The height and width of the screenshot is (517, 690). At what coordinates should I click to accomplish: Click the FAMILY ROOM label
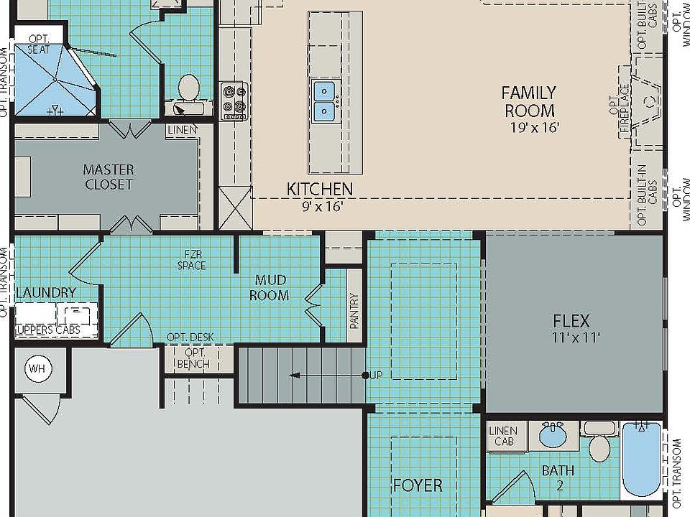click(x=530, y=101)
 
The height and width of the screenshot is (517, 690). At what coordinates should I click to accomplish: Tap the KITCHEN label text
click(x=320, y=189)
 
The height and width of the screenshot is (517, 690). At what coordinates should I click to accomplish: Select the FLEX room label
click(x=571, y=321)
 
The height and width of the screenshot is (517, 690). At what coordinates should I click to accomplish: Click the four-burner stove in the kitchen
click(x=234, y=101)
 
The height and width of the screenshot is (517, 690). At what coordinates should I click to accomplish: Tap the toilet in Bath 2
click(x=599, y=442)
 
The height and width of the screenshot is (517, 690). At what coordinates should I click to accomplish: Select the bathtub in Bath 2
click(x=642, y=459)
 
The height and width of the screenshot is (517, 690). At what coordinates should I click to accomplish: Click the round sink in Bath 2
click(x=553, y=435)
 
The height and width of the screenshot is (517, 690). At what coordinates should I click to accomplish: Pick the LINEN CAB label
click(x=503, y=436)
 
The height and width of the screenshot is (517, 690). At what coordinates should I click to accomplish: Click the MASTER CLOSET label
click(x=109, y=177)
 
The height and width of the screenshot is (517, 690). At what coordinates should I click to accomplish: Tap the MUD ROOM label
click(x=270, y=287)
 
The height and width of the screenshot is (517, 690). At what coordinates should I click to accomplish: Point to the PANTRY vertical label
click(x=354, y=311)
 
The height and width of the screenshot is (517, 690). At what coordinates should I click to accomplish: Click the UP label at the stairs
click(x=376, y=375)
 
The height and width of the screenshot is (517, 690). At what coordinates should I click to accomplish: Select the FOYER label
click(x=418, y=485)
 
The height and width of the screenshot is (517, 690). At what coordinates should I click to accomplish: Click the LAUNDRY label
click(x=46, y=292)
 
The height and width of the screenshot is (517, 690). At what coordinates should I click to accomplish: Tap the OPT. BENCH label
click(x=193, y=358)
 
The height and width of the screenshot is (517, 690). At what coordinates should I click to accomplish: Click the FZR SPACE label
click(x=192, y=260)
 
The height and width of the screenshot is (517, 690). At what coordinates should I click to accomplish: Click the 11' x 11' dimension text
click(x=576, y=337)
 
